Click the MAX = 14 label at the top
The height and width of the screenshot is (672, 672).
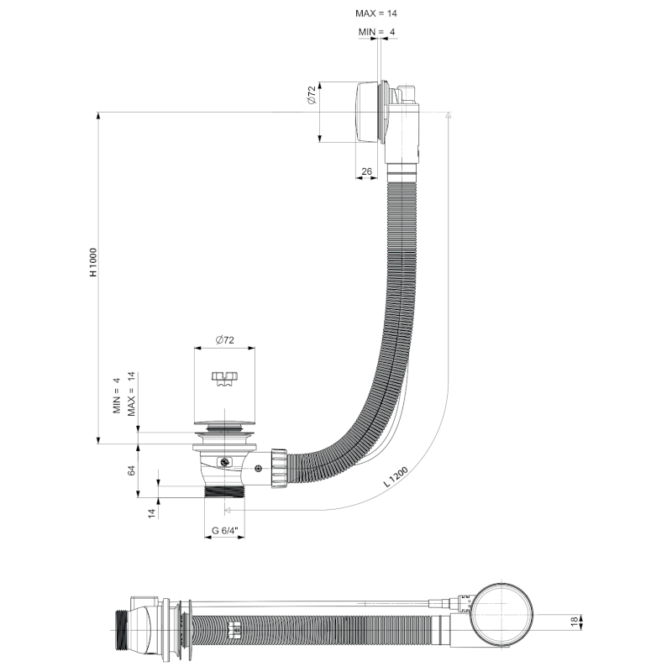[x=376, y=13]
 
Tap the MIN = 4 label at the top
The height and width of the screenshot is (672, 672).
[x=376, y=31]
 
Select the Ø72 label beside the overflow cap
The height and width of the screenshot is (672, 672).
[x=311, y=95]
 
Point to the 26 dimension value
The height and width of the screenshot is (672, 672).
[x=366, y=171]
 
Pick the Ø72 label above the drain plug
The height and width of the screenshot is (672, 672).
[x=224, y=339]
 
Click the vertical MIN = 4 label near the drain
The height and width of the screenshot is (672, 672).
[x=118, y=396]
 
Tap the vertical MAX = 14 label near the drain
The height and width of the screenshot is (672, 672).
[x=132, y=395]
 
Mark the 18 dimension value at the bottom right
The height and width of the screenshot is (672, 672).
[x=575, y=622]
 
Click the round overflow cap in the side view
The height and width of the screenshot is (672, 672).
[x=367, y=112]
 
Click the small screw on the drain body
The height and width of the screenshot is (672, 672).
[x=224, y=462]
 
